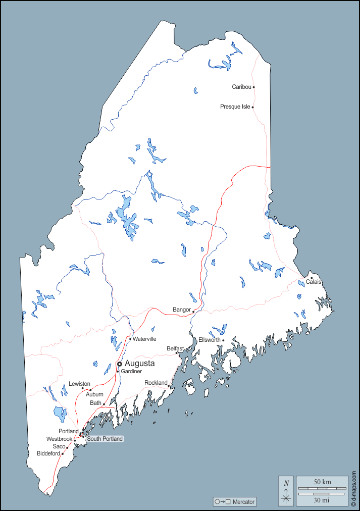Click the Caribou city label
[241, 87]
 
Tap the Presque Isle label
[235, 107]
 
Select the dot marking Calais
[312, 278]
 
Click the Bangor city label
[181, 310]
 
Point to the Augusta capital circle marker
[120, 364]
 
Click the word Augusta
[140, 364]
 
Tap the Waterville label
[144, 339]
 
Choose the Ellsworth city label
[209, 340]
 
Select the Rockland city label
[156, 383]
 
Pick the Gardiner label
[131, 372]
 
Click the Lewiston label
[79, 384]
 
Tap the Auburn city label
[94, 394]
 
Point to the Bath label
[95, 403]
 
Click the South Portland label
[105, 439]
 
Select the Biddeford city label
[48, 453]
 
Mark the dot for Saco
[67, 447]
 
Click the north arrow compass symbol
[286, 491]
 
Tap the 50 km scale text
[322, 482]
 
